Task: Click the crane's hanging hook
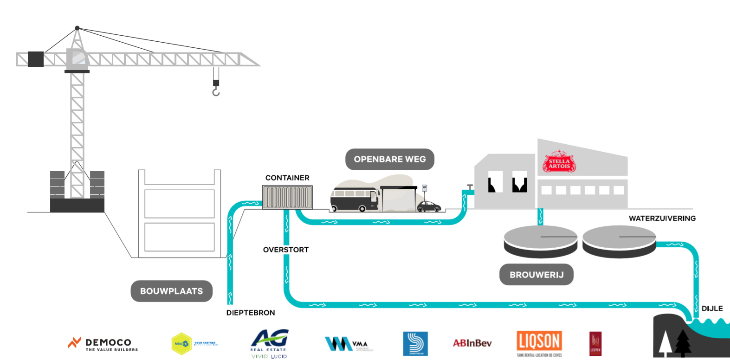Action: pyautogui.click(x=216, y=92)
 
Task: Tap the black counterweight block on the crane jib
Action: pyautogui.click(x=36, y=59)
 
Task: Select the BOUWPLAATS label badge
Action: pyautogui.click(x=171, y=291)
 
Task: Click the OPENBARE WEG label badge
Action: pyautogui.click(x=390, y=159)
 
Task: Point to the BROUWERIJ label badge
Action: pyautogui.click(x=536, y=275)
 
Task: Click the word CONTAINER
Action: pyautogui.click(x=287, y=178)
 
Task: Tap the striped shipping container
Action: pyautogui.click(x=288, y=197)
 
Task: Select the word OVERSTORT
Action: pyautogui.click(x=286, y=250)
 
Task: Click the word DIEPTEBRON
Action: pyautogui.click(x=251, y=313)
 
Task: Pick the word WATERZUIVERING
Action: pyautogui.click(x=662, y=218)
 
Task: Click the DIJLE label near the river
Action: pyautogui.click(x=712, y=309)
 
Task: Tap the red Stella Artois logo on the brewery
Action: pyautogui.click(x=559, y=162)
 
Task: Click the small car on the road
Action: pyautogui.click(x=429, y=206)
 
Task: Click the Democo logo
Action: pyautogui.click(x=103, y=344)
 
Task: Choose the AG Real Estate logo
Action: pyautogui.click(x=269, y=343)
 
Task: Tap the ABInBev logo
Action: pyautogui.click(x=472, y=343)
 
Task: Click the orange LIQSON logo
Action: pyautogui.click(x=539, y=342)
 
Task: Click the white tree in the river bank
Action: pyautogui.click(x=665, y=344)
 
